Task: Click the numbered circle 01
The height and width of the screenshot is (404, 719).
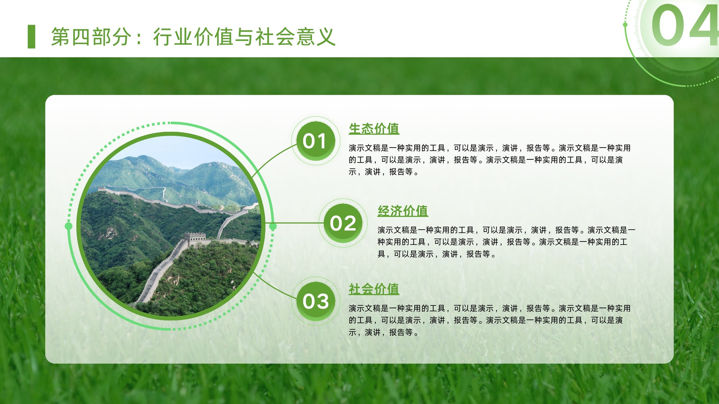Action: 315,141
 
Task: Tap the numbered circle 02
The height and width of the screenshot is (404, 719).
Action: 343,223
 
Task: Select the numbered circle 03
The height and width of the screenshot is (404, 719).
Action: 315,301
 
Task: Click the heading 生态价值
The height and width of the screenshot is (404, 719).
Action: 374,128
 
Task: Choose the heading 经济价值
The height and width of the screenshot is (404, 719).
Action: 403,211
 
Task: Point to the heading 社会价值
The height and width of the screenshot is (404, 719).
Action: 374,289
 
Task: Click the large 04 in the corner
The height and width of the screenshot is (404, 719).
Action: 685,25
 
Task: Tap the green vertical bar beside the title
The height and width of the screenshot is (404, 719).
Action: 31,36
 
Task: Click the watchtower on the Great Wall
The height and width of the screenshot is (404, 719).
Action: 195,238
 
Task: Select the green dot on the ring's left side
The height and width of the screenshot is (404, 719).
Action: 68,226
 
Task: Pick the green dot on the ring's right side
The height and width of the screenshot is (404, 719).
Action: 273,227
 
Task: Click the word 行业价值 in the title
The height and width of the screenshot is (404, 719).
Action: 193,37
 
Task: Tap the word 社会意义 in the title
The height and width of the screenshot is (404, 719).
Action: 295,37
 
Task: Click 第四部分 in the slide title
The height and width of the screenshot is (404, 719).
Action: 91,37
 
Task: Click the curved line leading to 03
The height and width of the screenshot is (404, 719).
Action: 275,287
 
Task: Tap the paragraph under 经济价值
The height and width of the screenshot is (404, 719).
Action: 506,242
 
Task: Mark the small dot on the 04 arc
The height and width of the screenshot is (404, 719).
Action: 625,25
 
